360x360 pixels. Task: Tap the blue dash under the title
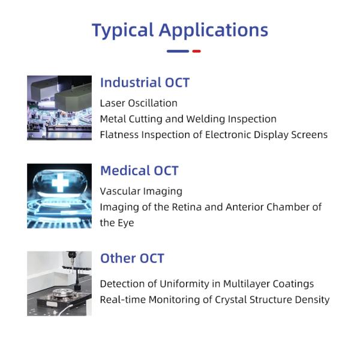(x=178, y=51)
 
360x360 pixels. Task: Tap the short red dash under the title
(x=196, y=51)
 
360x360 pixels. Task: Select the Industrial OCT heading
(x=145, y=83)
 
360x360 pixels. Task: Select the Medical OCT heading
(x=139, y=171)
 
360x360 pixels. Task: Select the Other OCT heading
(x=132, y=259)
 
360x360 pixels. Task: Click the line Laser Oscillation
(x=139, y=103)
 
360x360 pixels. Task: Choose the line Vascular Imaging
(x=141, y=191)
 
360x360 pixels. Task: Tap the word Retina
(x=192, y=207)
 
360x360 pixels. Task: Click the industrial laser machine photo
(x=59, y=107)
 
